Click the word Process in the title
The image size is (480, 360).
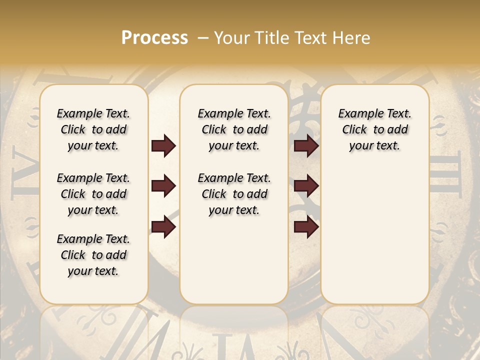154,38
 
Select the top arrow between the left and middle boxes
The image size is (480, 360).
163,146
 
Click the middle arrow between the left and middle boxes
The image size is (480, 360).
163,186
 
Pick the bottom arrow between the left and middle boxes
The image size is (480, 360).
163,227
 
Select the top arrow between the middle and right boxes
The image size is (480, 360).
306,146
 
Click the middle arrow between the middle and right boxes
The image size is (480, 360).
306,186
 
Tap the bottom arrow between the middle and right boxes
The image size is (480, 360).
306,227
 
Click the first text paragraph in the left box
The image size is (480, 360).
93,129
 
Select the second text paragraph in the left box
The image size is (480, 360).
93,194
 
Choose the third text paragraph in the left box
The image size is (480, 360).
93,255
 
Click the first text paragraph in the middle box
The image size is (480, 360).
234,129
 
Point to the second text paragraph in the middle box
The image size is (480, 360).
234,194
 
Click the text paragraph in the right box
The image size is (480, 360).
375,129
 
